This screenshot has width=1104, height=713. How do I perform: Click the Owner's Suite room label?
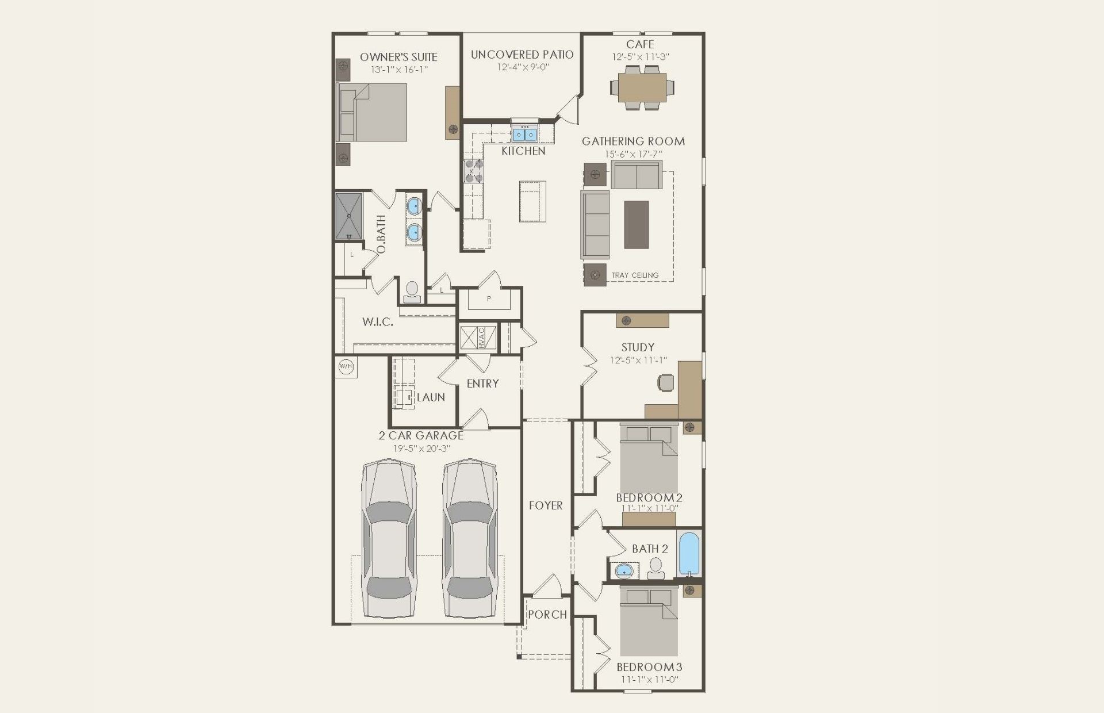click(x=398, y=57)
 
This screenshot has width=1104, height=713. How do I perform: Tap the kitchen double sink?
click(x=524, y=135)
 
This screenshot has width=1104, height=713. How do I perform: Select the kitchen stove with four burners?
click(x=474, y=171)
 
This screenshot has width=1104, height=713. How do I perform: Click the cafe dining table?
click(x=642, y=87)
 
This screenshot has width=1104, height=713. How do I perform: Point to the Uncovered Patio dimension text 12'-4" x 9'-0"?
click(x=523, y=67)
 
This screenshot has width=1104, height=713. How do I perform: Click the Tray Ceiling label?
click(x=635, y=275)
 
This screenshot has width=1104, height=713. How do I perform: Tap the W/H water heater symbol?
click(x=346, y=366)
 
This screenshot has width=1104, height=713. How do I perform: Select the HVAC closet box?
click(x=478, y=338)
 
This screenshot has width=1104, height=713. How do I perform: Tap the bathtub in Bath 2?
click(x=689, y=554)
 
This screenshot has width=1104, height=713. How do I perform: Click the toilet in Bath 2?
click(x=655, y=568)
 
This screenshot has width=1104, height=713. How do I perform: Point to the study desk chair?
click(x=666, y=382)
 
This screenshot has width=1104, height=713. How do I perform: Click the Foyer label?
click(x=546, y=505)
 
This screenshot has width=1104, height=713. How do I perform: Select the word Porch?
click(x=547, y=615)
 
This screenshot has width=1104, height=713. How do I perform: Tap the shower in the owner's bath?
click(x=349, y=216)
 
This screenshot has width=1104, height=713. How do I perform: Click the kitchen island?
click(x=532, y=201)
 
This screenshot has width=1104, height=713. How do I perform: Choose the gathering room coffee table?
click(x=637, y=225)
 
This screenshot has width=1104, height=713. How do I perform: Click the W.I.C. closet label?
click(x=378, y=322)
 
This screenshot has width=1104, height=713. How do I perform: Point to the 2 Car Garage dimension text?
click(x=421, y=448)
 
